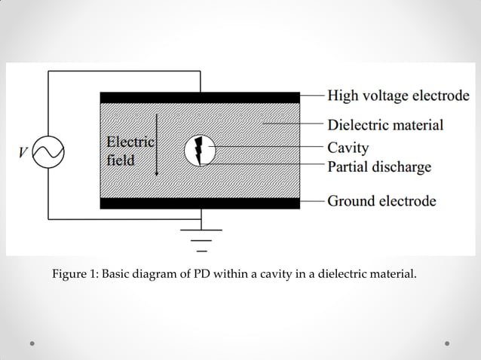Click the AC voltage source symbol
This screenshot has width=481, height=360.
coord(49,152)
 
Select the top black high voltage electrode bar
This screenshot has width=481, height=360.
coord(200,97)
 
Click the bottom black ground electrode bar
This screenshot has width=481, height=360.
coord(200,203)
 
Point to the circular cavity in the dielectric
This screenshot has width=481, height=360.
coord(200,151)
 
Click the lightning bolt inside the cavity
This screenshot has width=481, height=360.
coord(200,151)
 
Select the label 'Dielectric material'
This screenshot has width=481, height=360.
coord(384,124)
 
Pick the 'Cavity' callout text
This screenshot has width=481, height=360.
coord(348,147)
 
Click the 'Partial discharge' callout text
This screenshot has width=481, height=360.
coord(379,166)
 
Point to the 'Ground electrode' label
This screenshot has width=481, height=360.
coord(381,201)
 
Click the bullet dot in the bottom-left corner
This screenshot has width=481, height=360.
coord(33,343)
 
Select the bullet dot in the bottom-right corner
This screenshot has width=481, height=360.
coord(447,343)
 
